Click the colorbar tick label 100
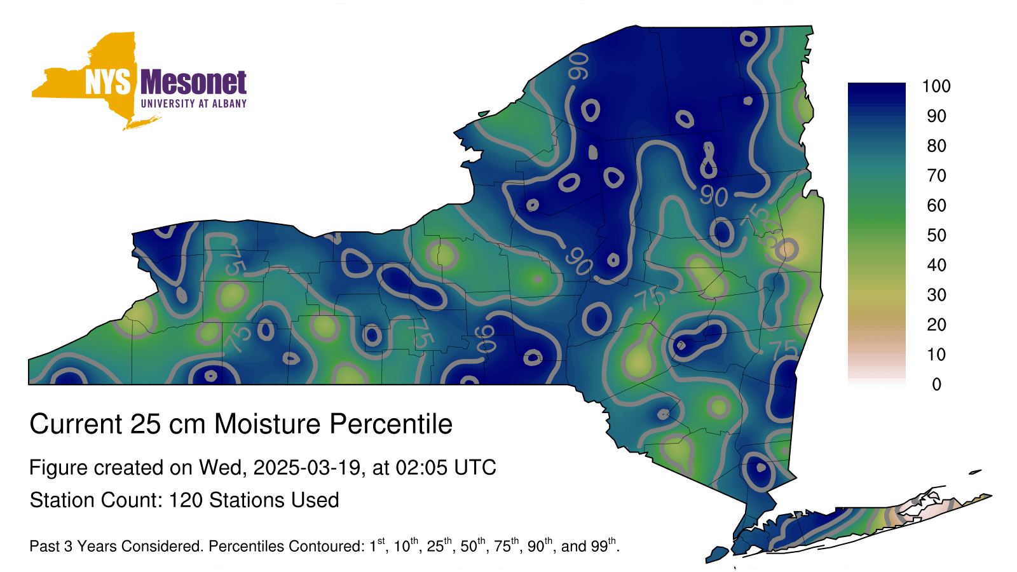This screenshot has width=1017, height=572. (936, 86)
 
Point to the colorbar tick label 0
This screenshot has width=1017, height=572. (937, 385)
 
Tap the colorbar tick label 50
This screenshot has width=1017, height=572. (937, 235)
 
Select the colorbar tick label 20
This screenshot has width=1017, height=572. (937, 325)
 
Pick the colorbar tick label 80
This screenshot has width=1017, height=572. (937, 146)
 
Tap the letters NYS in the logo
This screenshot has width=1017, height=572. (108, 82)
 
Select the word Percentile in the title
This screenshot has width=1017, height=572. (391, 424)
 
